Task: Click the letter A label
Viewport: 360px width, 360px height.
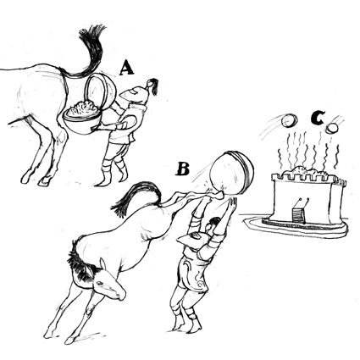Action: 126,69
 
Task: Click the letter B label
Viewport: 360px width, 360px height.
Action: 183,169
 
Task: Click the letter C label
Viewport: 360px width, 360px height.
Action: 318,118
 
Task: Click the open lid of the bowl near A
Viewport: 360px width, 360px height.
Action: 101,91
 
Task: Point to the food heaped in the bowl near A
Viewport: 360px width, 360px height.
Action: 82,108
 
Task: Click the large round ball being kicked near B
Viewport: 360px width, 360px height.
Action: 231,173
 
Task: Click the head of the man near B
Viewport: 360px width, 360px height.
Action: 213,225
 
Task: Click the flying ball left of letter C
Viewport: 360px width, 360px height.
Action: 290,120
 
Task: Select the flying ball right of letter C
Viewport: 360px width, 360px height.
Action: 332,129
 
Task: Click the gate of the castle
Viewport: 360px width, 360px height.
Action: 298,215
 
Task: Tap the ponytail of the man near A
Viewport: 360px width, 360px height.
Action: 153,86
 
